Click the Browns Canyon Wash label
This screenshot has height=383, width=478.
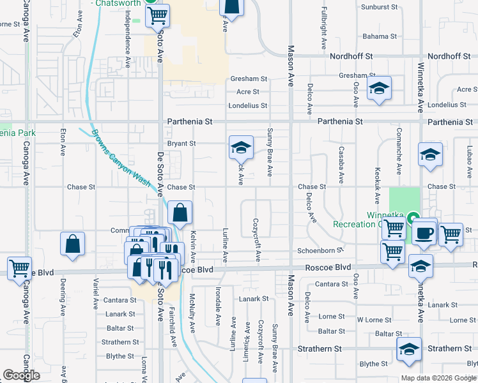pyautogui.click(x=121, y=158)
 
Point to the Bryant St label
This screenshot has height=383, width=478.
pyautogui.click(x=181, y=144)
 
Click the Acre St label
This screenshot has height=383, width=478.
pyautogui.click(x=248, y=92)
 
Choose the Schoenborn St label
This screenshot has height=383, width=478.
pyautogui.click(x=320, y=251)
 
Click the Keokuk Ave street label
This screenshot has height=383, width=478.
pyautogui.click(x=378, y=190)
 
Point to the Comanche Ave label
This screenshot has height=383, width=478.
pyautogui.click(x=398, y=157)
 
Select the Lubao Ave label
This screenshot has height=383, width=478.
pyautogui.click(x=469, y=161)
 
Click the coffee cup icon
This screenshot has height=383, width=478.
pyautogui.click(x=424, y=234)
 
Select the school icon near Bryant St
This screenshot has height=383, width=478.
pyautogui.click(x=240, y=148)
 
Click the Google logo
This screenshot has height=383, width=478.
pyautogui.click(x=21, y=375)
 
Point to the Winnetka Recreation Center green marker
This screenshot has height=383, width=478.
pyautogui.click(x=413, y=217)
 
